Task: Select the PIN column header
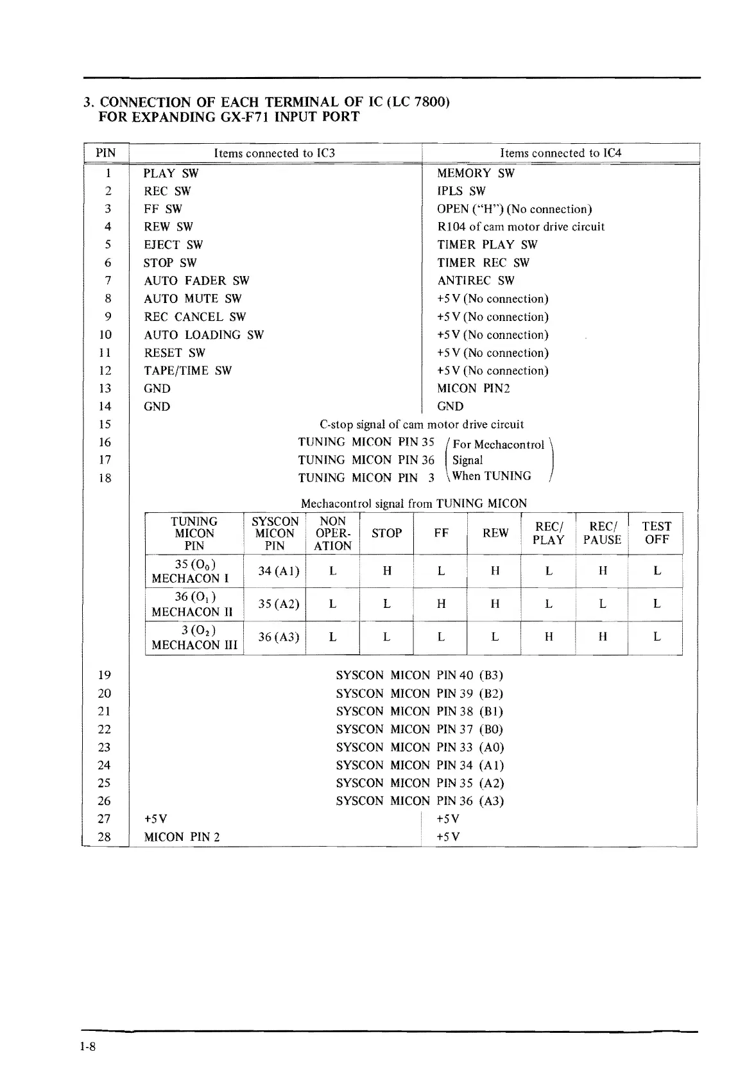coord(105,153)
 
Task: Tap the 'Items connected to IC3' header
coord(274,153)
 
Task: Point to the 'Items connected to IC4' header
coord(560,153)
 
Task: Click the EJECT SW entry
coord(173,245)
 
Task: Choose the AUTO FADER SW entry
coord(196,281)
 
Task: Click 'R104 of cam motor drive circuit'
coord(520,227)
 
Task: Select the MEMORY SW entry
coord(476,173)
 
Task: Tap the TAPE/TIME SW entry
coord(187,370)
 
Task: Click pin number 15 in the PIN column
coord(105,424)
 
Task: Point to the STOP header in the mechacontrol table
coord(386,533)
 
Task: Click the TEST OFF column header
coord(656,533)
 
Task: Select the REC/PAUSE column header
coord(602,533)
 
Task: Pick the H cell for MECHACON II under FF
coord(441,604)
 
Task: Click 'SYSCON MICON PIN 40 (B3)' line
coord(419,675)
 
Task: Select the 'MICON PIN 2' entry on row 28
coord(182,837)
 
